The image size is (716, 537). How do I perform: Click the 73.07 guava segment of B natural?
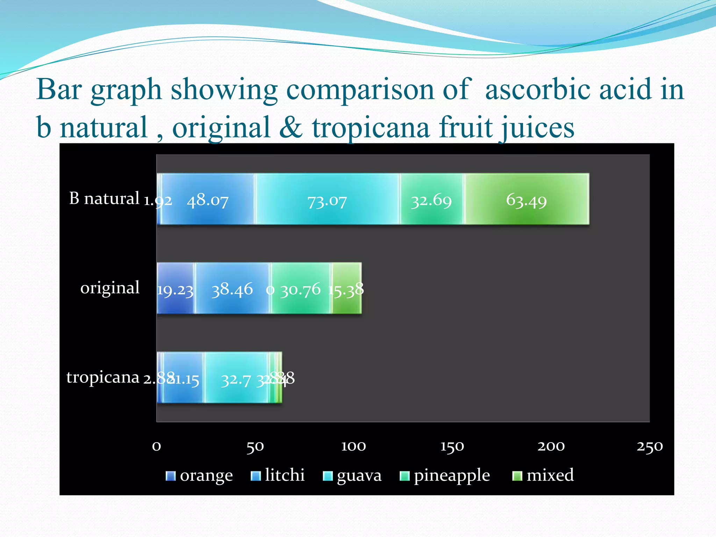point(327,199)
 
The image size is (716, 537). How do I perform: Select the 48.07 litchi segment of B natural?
point(208,199)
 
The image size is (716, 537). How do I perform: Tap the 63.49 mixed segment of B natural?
point(527,199)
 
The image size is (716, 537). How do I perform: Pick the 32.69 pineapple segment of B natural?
point(432,199)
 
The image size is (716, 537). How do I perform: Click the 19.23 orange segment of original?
point(175,288)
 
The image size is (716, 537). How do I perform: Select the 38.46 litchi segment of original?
point(232,288)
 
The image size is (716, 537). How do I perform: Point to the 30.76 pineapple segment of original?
point(301,288)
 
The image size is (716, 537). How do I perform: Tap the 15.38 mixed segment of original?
point(347,288)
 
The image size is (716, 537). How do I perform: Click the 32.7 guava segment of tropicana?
point(236,378)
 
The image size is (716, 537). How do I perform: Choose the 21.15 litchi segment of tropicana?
point(183,378)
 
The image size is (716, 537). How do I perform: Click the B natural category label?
point(104,199)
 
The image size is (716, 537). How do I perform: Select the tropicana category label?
point(103,377)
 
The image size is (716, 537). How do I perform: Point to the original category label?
point(110,288)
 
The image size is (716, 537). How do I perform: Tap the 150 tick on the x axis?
point(452,446)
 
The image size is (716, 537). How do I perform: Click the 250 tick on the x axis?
point(649,446)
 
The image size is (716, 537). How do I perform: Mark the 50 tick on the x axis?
point(255,446)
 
